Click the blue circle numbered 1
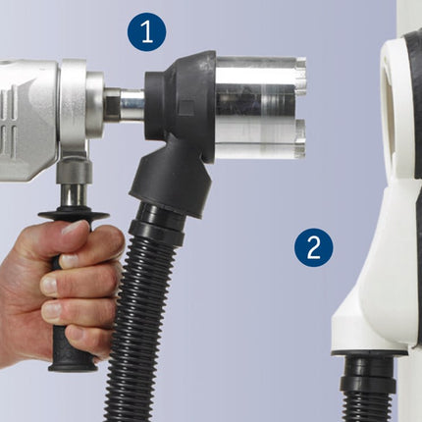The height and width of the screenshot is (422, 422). coord(146,31)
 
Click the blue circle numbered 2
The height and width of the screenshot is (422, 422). coord(313,247)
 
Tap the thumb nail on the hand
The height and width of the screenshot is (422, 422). coord(74,227)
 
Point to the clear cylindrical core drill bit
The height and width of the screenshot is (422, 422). coord(260,107)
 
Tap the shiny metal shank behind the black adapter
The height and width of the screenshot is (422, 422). coord(131,105)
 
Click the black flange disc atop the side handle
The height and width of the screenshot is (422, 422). coord(74,215)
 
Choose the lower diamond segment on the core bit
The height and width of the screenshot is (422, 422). coord(299,139)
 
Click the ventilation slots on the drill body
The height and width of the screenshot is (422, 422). coord(7,121)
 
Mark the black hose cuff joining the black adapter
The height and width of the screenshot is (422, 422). coord(156,224)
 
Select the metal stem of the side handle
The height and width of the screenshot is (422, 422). coord(73,195)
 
